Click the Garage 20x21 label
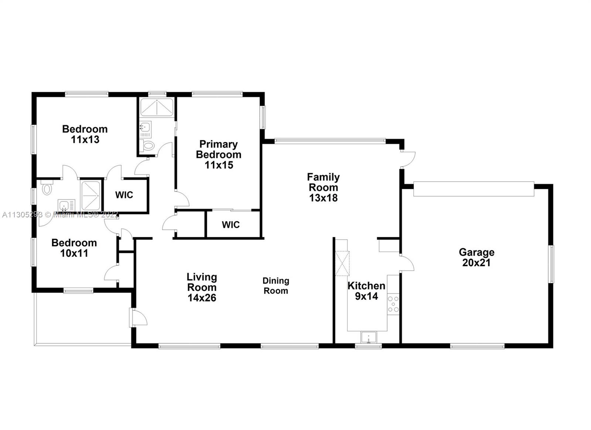476,257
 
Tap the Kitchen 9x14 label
366,291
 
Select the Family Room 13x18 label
323,187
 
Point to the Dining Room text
276,286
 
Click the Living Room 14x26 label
202,287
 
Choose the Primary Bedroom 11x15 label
219,155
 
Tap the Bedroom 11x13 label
85,134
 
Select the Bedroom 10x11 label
74,248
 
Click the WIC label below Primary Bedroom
230,225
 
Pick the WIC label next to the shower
124,195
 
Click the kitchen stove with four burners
393,304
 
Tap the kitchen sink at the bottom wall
369,338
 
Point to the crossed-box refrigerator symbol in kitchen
342,264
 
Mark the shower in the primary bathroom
157,107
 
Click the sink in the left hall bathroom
66,206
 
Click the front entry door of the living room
138,318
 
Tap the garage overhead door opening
474,189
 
